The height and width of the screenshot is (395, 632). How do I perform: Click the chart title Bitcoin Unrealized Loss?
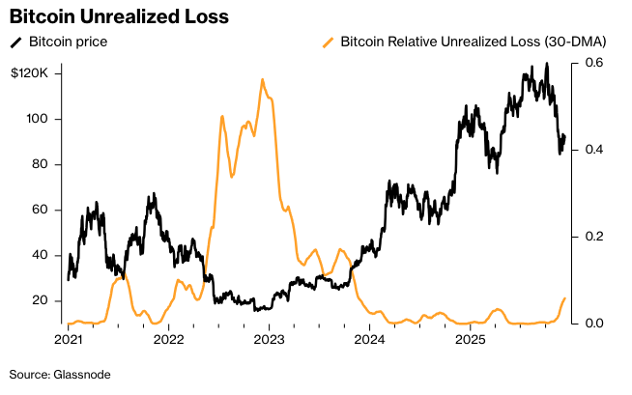119,16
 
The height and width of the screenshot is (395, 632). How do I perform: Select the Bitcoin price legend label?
68,42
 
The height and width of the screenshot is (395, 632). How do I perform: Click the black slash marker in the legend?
15,42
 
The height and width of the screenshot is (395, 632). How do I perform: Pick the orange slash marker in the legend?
329,42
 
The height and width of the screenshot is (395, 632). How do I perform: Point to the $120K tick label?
36,73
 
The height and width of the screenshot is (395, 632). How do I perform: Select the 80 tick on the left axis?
41,164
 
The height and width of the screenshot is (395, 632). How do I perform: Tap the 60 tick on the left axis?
41,210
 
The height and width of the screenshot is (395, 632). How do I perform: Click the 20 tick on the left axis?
41,300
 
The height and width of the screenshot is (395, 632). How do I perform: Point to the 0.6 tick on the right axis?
587,63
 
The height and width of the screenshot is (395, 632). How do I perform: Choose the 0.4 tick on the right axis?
587,150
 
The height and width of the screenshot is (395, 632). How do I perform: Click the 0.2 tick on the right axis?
587,237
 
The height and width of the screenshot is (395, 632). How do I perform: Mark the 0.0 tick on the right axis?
587,324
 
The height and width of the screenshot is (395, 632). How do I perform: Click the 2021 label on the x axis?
68,340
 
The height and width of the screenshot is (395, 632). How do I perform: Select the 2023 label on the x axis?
269,340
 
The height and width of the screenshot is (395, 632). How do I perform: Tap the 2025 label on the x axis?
470,340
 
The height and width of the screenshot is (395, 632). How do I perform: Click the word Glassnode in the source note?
81,374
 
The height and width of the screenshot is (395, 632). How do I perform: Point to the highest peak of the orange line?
262,79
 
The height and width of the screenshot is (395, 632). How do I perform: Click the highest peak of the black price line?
547,64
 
